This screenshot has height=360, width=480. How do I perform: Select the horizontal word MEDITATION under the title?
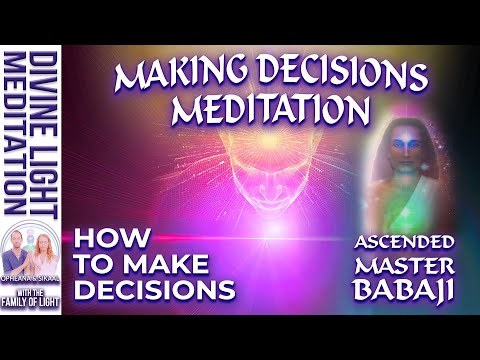249,108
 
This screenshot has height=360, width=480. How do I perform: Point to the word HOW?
118,241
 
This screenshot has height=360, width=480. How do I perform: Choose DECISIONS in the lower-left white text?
158,291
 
